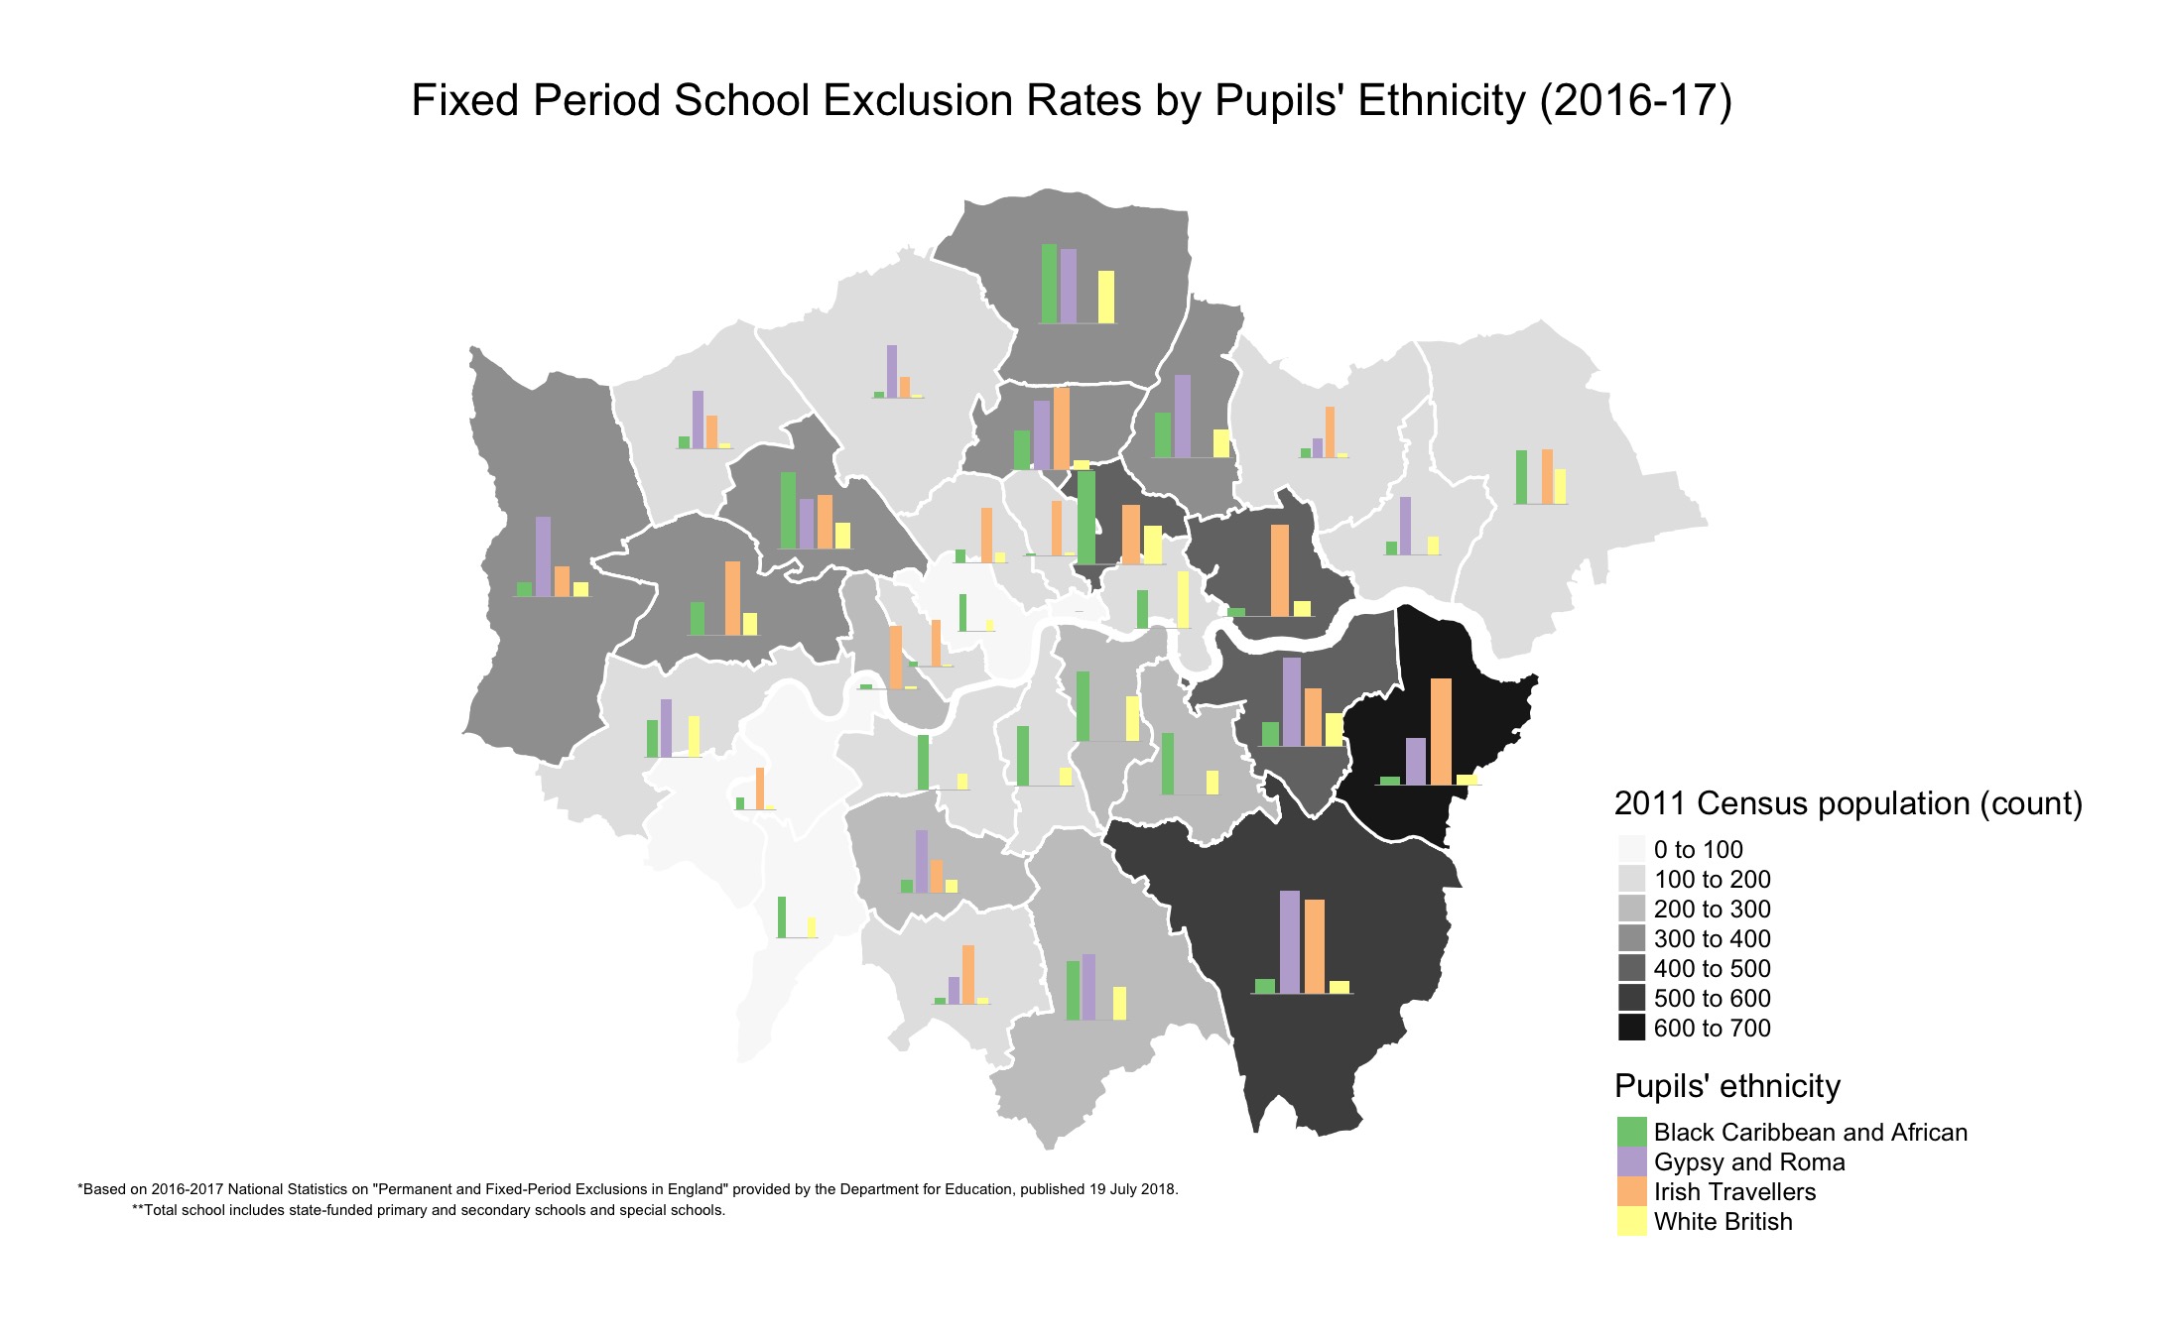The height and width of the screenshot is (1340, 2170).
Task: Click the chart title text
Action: tap(1071, 101)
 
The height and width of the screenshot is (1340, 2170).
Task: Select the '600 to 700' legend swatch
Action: tap(1631, 1028)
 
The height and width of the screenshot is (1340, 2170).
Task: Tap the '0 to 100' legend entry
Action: tap(1698, 849)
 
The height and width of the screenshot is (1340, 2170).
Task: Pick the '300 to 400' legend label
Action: tap(1712, 938)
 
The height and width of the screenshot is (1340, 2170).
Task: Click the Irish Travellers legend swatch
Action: tap(1631, 1191)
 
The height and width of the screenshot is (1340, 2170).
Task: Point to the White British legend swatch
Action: tap(1631, 1221)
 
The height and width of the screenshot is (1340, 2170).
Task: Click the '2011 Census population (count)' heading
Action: tap(1848, 803)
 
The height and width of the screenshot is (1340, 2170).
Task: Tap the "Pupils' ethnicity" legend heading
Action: tap(1726, 1086)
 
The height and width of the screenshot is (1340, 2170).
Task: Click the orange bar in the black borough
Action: tap(1441, 732)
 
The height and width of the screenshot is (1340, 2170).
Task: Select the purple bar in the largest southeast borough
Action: tap(1289, 941)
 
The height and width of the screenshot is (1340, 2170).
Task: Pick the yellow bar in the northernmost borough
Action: tap(1105, 297)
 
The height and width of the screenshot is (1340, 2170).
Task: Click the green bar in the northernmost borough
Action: tap(1049, 283)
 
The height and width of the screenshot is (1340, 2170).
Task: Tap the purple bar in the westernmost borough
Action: tap(543, 556)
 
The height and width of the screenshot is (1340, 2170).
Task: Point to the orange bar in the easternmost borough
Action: tap(1546, 476)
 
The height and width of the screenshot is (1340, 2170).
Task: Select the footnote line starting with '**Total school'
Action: tap(429, 1210)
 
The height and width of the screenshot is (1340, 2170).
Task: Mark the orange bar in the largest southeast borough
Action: tap(1314, 946)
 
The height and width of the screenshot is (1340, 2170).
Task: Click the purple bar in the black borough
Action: tap(1416, 761)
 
